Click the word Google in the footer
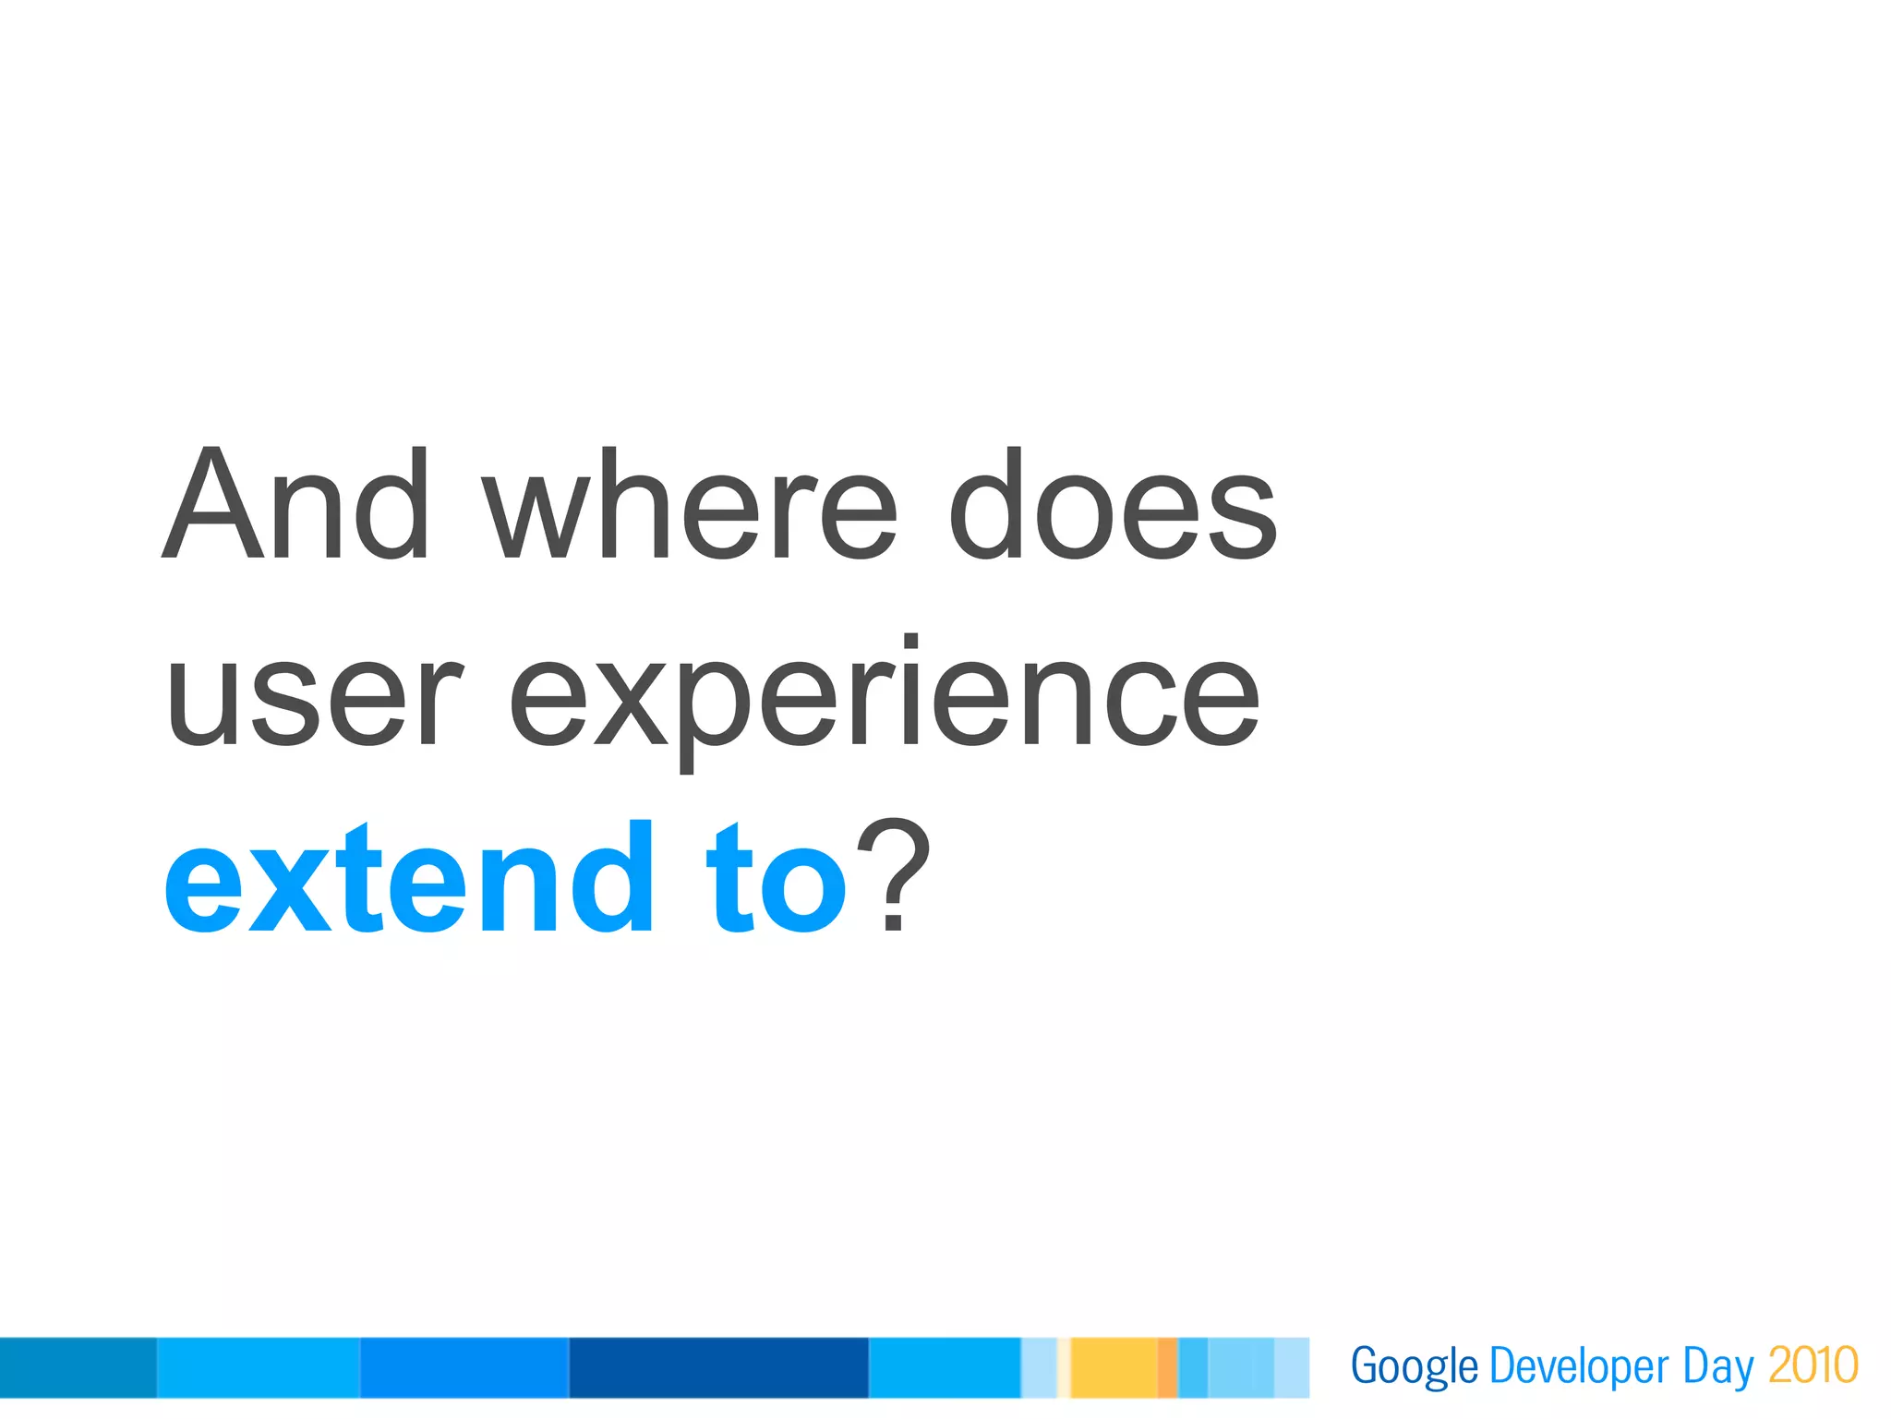click(1414, 1367)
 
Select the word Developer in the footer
click(1579, 1367)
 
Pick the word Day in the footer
click(1717, 1367)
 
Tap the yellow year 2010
click(1813, 1365)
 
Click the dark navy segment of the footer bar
click(718, 1367)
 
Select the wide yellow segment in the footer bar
click(1114, 1367)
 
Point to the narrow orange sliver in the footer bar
click(1167, 1367)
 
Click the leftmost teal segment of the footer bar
click(78, 1367)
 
